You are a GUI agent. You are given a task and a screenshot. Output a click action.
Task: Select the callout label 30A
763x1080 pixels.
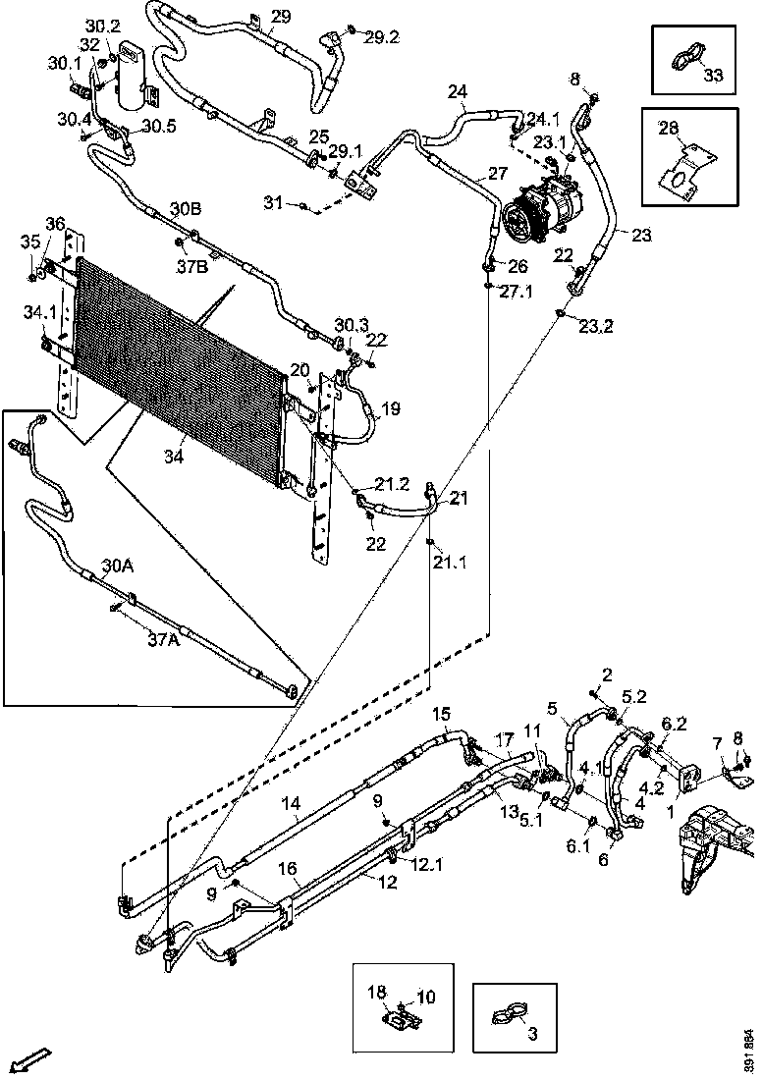click(x=118, y=567)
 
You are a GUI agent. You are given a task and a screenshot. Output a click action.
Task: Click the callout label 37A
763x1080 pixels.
click(x=164, y=639)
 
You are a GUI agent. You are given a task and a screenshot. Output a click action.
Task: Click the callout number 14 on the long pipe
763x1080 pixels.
click(x=291, y=803)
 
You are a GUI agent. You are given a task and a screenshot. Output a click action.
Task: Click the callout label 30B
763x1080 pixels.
click(x=186, y=209)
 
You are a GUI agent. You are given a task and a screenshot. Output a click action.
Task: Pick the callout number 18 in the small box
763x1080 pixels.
click(x=377, y=992)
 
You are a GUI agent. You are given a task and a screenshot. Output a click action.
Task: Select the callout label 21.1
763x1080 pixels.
click(x=449, y=563)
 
